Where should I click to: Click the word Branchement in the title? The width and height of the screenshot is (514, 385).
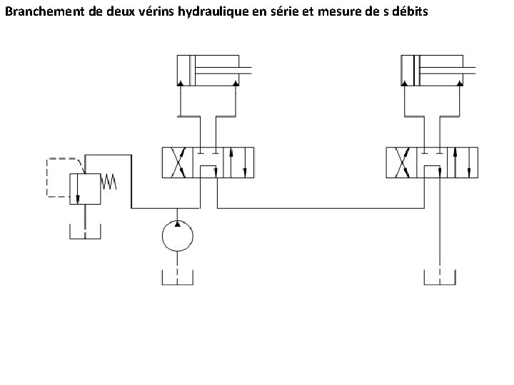pyautogui.click(x=41, y=12)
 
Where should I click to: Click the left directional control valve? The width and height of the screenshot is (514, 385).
pyautogui.click(x=208, y=163)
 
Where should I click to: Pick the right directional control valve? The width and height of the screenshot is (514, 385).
pyautogui.click(x=432, y=163)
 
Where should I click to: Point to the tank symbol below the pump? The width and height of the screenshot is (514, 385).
pyautogui.click(x=176, y=278)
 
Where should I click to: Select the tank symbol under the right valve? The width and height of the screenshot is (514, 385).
pyautogui.click(x=438, y=277)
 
